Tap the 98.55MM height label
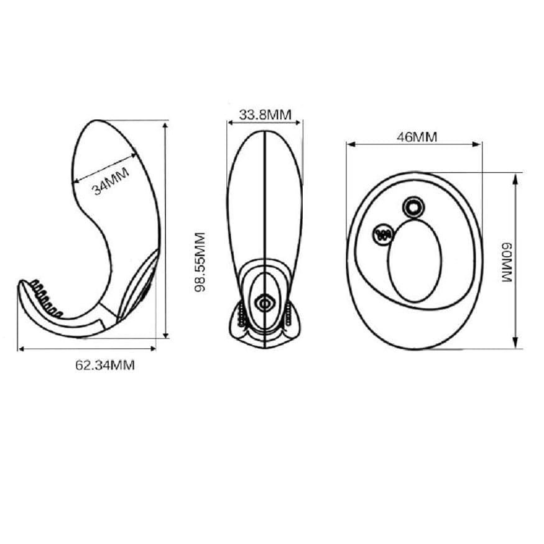click(200, 264)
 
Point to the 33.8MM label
click(265, 114)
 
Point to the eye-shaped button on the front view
click(265, 303)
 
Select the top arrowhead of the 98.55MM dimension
click(165, 124)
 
